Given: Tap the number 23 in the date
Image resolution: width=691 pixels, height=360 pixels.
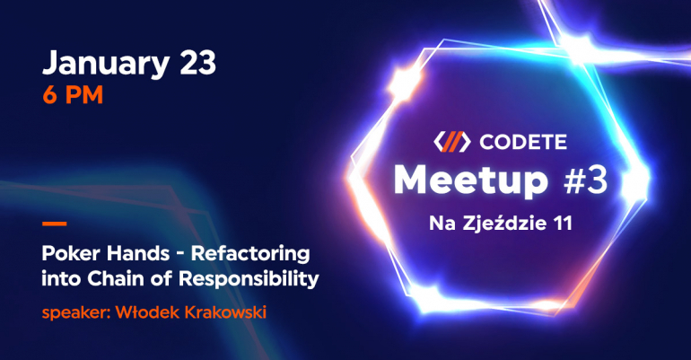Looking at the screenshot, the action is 197,62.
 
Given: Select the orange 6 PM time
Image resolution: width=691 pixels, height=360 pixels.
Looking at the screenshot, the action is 73,95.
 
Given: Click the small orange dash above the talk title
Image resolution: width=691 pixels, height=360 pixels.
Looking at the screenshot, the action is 54,224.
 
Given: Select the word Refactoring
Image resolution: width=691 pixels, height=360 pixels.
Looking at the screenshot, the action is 250,254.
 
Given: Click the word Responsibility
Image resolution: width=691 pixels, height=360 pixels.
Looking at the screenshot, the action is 249,279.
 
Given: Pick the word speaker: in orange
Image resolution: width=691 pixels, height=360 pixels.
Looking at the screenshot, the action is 76,313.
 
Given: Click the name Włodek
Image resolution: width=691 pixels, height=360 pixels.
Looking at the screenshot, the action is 148,312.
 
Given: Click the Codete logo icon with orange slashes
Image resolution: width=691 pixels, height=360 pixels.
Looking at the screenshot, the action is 451,142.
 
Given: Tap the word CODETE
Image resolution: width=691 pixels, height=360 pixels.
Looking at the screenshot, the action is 523,142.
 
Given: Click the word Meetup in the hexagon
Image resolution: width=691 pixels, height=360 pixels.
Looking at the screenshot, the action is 471,181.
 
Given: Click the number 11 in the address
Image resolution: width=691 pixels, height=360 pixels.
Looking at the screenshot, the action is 564,224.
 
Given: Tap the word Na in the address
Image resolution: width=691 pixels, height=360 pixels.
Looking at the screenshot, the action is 443,224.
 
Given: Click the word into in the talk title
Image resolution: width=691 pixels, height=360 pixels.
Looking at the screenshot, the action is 62,278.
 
